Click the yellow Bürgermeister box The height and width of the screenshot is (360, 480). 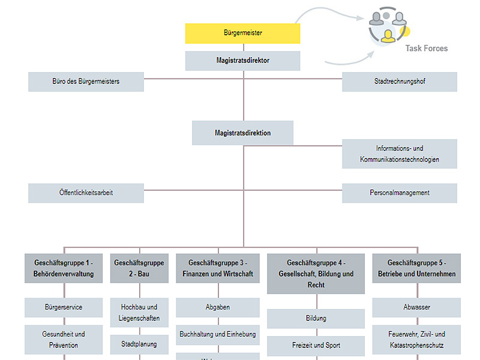tap(242, 34)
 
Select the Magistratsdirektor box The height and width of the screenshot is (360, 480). tap(242, 61)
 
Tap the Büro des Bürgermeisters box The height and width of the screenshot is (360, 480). tap(86, 82)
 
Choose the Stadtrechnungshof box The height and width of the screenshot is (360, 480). tap(400, 82)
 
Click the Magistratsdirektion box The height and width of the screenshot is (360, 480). tap(242, 133)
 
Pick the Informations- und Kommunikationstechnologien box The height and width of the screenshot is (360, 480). tap(400, 154)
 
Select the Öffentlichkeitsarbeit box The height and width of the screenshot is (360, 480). tap(86, 193)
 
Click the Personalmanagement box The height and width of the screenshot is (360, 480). tap(400, 193)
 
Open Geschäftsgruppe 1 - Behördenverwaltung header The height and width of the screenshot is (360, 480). tap(64, 268)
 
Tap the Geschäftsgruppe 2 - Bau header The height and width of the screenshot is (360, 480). tap(139, 268)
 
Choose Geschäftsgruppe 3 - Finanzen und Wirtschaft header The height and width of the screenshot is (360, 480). tap(217, 268)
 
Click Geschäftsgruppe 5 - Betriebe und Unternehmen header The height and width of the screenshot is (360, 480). tap(416, 268)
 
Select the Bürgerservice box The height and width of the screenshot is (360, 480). tap(64, 307)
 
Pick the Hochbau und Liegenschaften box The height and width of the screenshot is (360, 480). tap(139, 313)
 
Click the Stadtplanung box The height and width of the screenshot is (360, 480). tap(139, 344)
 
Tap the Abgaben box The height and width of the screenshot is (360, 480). tap(217, 307)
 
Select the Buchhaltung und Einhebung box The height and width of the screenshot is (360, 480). tap(217, 334)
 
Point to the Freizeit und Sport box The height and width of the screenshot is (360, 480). tap(316, 346)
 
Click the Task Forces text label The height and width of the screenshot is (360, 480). tap(426, 49)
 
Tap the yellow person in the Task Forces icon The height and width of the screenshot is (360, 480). tap(389, 35)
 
